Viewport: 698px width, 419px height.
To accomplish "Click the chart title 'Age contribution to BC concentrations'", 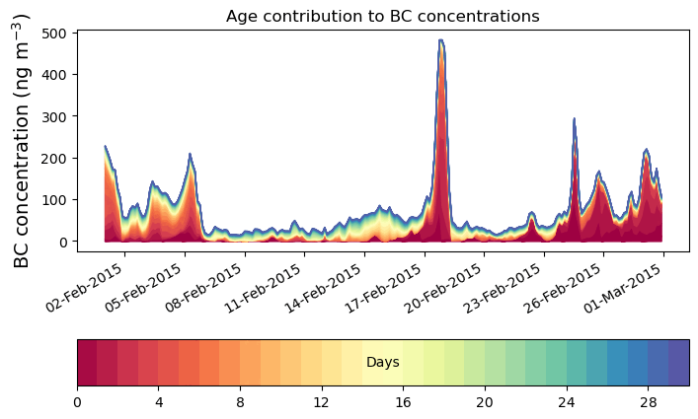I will (382, 16).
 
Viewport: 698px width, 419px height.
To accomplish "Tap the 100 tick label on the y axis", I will (55, 200).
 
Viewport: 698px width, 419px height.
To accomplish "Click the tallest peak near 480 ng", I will (440, 41).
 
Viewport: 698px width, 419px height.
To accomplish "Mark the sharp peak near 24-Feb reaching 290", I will (574, 119).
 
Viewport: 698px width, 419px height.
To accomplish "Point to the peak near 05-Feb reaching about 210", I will (190, 155).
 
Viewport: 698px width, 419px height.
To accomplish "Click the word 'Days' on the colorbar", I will (382, 363).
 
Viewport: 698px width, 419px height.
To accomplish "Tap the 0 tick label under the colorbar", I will (77, 402).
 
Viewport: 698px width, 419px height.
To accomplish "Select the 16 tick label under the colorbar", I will (403, 402).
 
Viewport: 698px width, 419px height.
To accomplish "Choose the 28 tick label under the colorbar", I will (648, 402).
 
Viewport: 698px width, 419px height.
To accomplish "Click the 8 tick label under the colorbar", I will (240, 402).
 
